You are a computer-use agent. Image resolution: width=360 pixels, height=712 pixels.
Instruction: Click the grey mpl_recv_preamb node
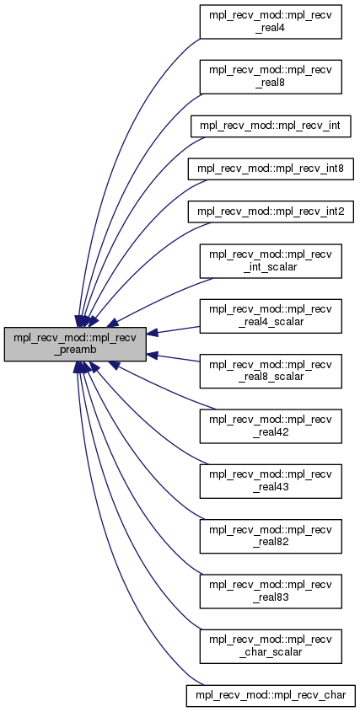75,344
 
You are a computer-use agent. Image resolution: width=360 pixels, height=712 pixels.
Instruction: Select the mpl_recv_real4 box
271,22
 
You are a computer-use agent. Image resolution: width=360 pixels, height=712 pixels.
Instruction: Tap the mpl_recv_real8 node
271,78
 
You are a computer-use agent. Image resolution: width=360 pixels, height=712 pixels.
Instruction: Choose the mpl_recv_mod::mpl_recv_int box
271,126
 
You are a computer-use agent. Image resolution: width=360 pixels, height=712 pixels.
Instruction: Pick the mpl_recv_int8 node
271,169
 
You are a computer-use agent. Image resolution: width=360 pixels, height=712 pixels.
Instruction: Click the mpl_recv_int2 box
271,211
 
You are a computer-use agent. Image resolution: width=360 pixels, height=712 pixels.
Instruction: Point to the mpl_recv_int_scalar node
271,261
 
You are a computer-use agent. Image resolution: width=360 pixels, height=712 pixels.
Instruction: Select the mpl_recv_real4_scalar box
271,316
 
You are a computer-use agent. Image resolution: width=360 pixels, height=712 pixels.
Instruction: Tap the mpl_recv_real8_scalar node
271,371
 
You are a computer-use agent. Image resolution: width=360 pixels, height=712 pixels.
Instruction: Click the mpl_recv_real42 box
271,426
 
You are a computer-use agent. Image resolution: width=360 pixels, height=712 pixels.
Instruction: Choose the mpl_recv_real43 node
271,481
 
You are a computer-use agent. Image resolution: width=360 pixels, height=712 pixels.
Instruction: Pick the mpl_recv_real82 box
271,536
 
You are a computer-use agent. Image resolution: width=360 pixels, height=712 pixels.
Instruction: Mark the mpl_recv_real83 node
271,592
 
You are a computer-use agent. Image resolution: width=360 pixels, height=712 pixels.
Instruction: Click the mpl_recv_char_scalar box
271,646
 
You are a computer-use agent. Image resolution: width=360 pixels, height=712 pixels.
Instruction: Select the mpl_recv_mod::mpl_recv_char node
271,695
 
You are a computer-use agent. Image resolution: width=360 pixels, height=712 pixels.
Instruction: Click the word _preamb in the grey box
75,351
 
